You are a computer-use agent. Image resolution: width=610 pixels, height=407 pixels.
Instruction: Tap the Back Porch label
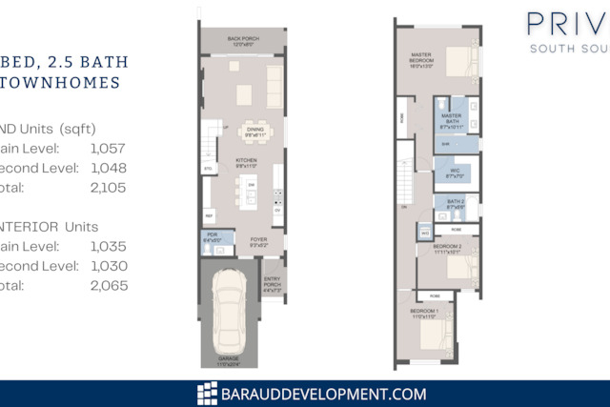243,41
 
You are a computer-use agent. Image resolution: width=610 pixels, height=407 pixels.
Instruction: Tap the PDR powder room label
212,237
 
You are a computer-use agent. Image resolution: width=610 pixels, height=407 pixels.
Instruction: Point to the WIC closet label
454,173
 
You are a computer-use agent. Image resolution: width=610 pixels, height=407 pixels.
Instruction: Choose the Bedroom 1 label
422,315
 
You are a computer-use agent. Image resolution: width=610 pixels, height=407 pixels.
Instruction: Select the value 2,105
108,189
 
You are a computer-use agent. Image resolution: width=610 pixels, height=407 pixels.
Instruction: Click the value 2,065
108,286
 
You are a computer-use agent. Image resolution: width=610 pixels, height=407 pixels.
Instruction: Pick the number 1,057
108,148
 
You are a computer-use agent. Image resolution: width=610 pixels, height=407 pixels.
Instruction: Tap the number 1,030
108,266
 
